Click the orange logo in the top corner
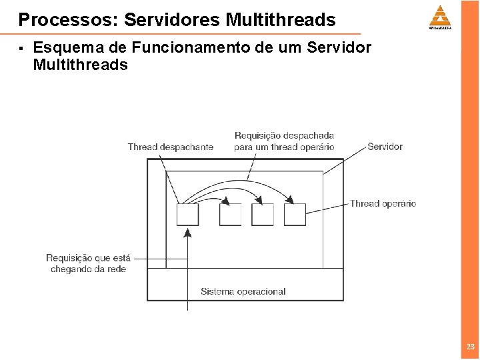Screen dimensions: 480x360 pyautogui.click(x=440, y=17)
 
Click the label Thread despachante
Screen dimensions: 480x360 pyautogui.click(x=171, y=147)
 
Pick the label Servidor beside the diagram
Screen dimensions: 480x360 pyautogui.click(x=385, y=146)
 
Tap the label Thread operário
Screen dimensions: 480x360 pyautogui.click(x=383, y=203)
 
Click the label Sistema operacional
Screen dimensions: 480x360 pyautogui.click(x=243, y=291)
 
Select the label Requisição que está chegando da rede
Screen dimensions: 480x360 pyautogui.click(x=89, y=263)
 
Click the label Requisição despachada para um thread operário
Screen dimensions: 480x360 pyautogui.click(x=284, y=141)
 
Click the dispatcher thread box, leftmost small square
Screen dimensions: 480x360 pyautogui.click(x=187, y=215)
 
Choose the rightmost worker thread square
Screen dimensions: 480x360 pyautogui.click(x=295, y=215)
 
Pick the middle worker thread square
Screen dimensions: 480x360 pyautogui.click(x=263, y=215)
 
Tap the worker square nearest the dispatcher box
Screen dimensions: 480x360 pyautogui.click(x=231, y=215)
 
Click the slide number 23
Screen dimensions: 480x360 pyautogui.click(x=471, y=347)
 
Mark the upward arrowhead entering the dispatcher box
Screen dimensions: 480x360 pyautogui.click(x=187, y=233)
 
